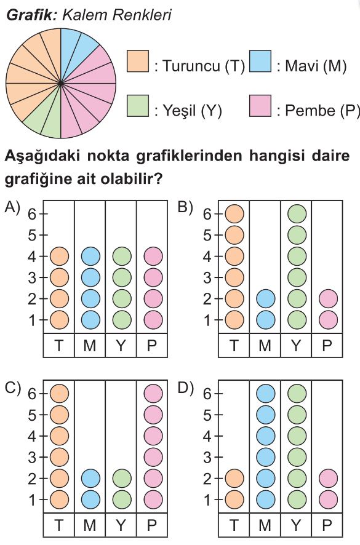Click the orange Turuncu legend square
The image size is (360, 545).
click(x=138, y=61)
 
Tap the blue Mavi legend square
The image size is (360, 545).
click(x=260, y=61)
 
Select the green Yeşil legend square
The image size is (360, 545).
click(x=138, y=106)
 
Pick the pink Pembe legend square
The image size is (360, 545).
click(x=260, y=106)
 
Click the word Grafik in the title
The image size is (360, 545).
click(x=31, y=15)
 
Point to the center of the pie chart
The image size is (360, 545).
click(x=61, y=84)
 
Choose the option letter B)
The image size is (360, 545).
click(x=185, y=207)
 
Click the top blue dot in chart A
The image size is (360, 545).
click(x=90, y=256)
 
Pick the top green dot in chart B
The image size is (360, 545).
click(x=297, y=214)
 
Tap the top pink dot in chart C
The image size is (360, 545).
click(x=153, y=393)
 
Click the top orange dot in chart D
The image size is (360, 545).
click(x=234, y=479)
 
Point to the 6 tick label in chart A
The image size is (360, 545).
click(x=32, y=214)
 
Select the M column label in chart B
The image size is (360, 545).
click(x=265, y=345)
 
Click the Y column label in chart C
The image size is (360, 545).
click(x=121, y=525)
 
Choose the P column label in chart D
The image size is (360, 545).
click(x=327, y=525)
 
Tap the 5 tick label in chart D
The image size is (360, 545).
click(x=207, y=415)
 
